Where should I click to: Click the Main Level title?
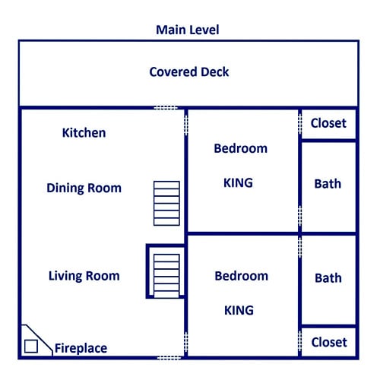point(188,30)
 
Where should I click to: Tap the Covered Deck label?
point(189,72)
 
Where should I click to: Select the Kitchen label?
point(84,133)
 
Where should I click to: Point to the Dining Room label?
point(84,188)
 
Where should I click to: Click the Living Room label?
point(84,276)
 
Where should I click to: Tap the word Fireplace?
point(81,348)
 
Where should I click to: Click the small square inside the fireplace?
point(31,347)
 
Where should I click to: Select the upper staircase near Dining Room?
point(166,203)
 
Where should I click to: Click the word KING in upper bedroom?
point(238,183)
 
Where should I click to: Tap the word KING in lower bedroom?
point(239,310)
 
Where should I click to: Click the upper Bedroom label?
point(241,148)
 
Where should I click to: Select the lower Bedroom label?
point(242,276)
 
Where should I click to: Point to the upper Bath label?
point(328,184)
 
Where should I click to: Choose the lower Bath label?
point(328,278)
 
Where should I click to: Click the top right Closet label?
point(328,123)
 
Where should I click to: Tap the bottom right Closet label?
point(329,343)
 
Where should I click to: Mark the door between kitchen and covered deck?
point(166,108)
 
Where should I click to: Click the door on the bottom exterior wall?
point(169,358)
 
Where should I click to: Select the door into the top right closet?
point(300,124)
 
